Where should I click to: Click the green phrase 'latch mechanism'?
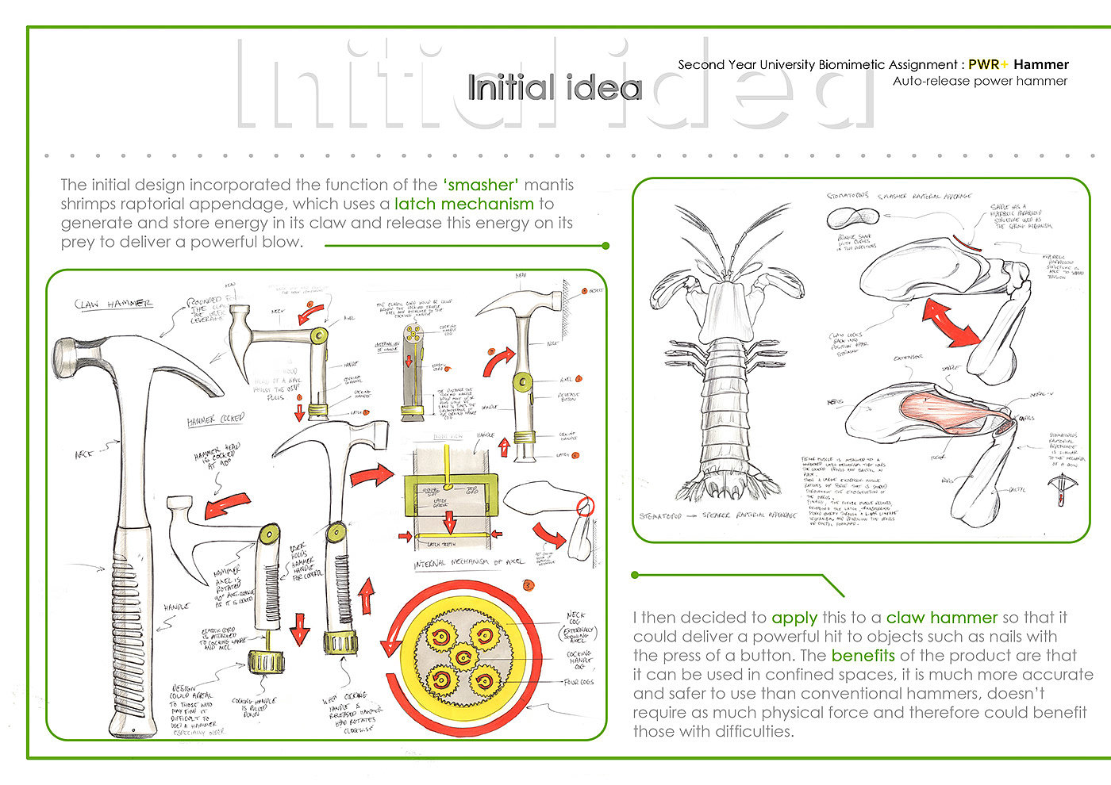[463, 204]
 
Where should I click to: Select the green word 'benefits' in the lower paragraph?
[863, 656]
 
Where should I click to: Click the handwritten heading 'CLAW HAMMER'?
[113, 304]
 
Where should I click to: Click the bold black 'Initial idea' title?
[554, 87]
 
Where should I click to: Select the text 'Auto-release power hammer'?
[979, 81]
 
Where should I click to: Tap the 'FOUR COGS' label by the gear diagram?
[578, 681]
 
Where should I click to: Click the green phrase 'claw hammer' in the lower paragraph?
[941, 618]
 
